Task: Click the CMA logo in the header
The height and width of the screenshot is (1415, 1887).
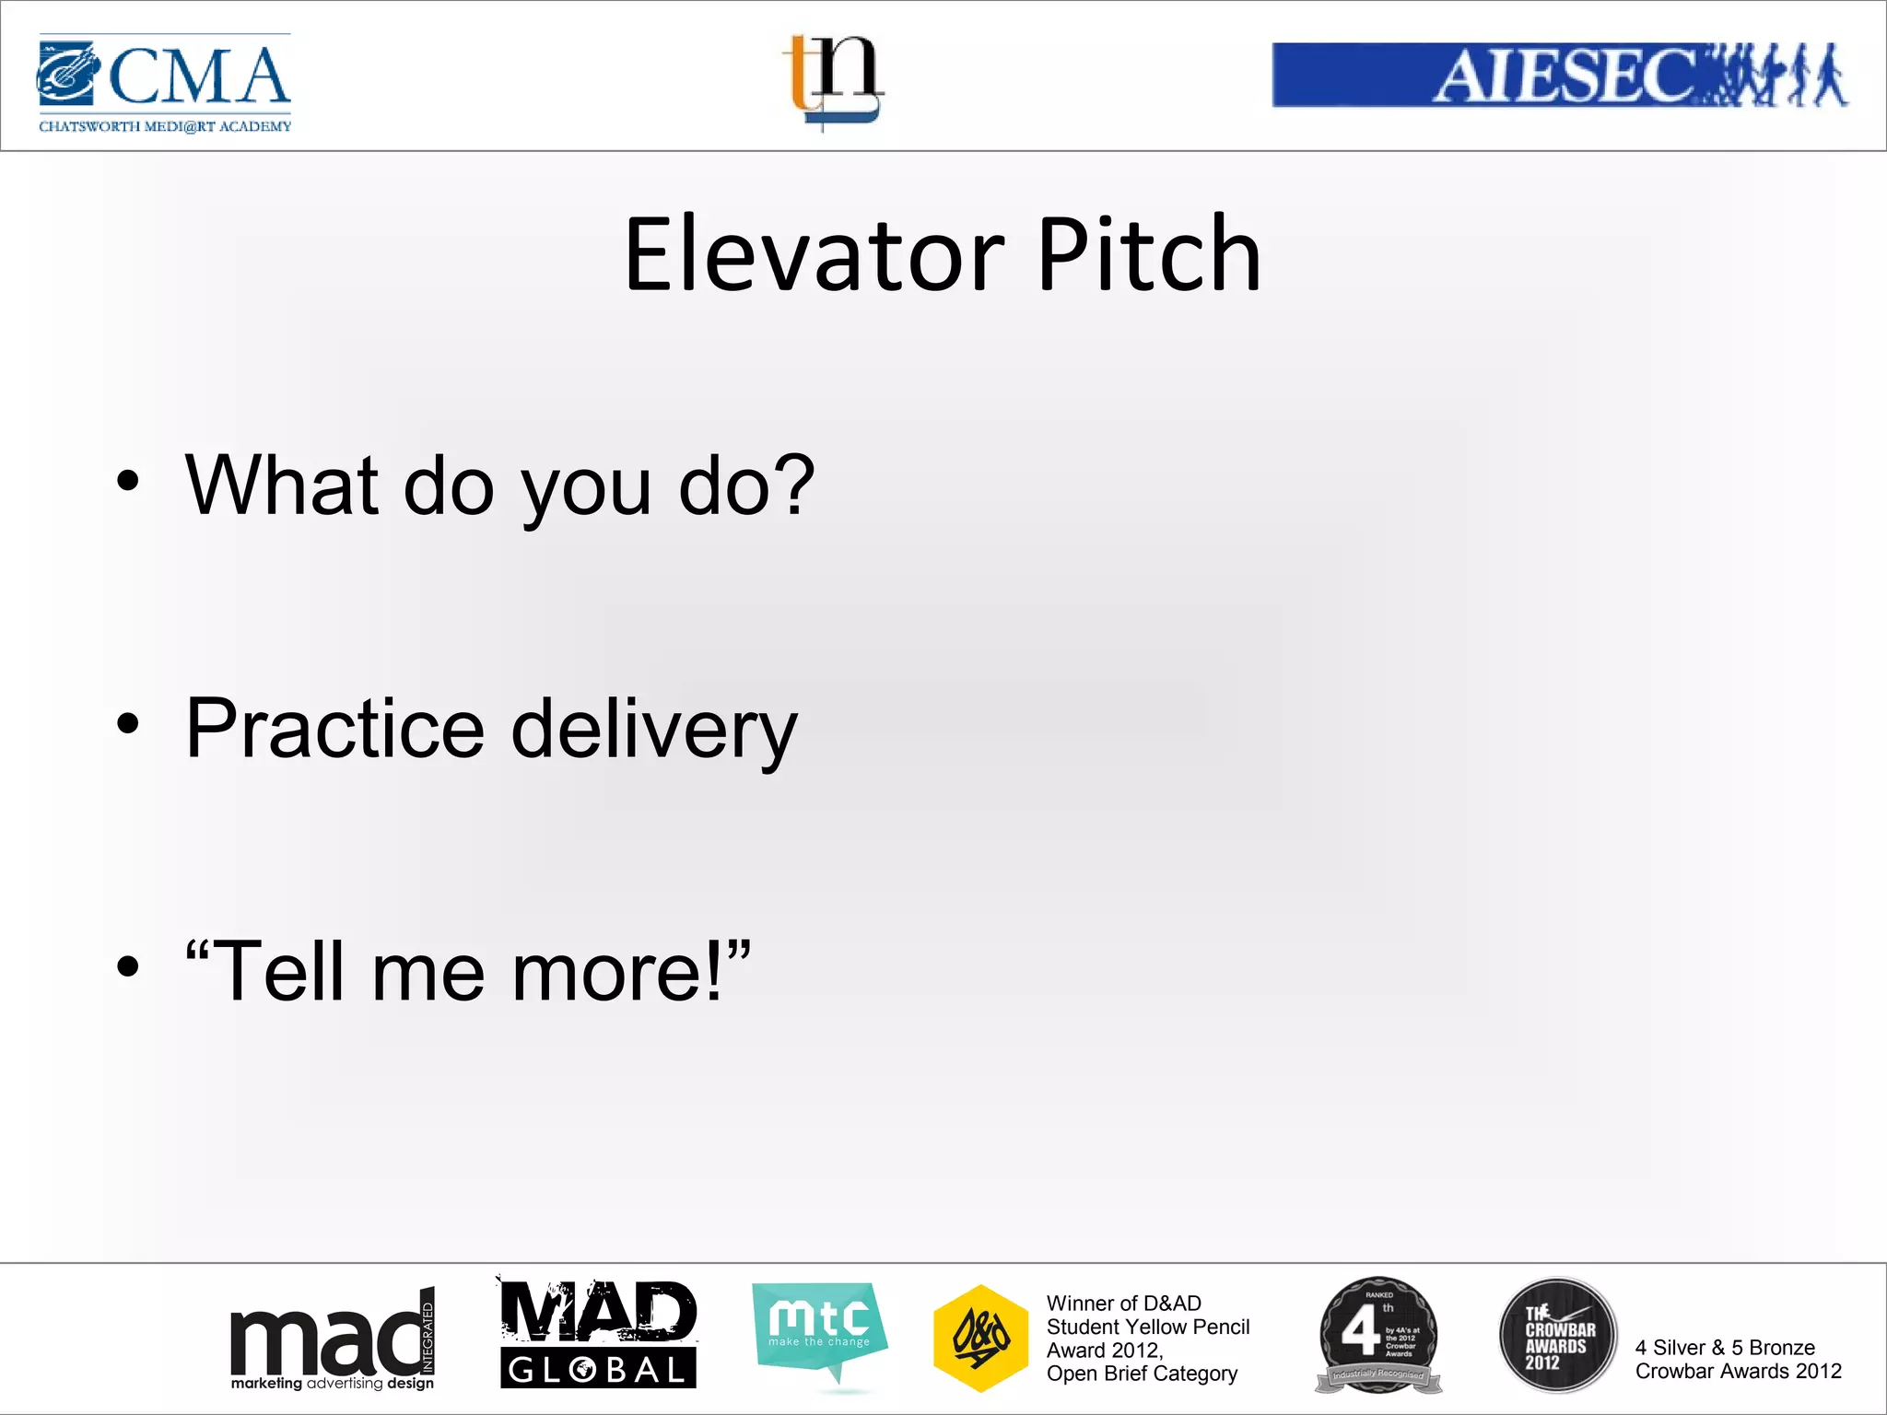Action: coord(164,83)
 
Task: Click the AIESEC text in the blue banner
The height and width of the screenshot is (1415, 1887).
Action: coord(1563,76)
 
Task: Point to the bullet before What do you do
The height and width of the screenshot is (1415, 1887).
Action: coord(128,481)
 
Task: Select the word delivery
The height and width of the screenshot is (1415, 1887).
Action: coord(653,730)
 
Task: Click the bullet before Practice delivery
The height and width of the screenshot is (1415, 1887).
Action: coord(128,724)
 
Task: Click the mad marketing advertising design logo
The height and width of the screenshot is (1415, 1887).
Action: coord(332,1341)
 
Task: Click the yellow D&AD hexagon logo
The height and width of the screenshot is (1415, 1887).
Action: coord(980,1338)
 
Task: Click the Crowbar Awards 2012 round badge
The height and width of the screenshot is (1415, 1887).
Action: coord(1557,1335)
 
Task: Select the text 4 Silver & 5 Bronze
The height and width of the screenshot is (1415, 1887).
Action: coord(1724,1348)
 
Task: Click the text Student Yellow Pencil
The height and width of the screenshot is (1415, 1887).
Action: coord(1147,1327)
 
